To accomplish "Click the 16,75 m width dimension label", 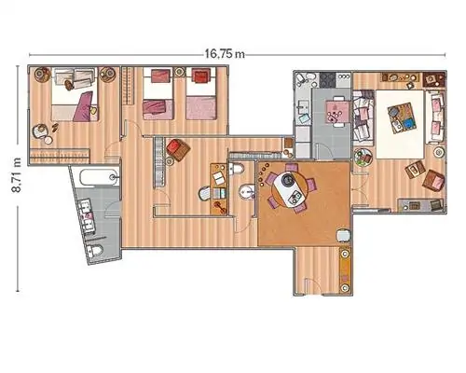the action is (x=225, y=54).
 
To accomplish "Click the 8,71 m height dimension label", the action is (x=17, y=175).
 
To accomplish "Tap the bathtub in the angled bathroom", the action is (x=99, y=177).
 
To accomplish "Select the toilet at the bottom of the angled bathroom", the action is (x=94, y=251).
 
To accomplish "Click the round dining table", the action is (x=290, y=189).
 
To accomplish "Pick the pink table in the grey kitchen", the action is (x=336, y=111).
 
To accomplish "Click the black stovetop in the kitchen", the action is (x=327, y=80).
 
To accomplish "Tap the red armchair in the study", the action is (x=178, y=150).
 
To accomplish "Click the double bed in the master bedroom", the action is (x=75, y=94).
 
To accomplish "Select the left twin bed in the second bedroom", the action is (x=158, y=94).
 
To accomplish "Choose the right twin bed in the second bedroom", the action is (x=200, y=94).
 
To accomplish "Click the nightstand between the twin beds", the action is (x=179, y=72).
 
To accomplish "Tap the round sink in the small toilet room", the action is (x=247, y=191).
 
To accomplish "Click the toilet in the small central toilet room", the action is (x=237, y=169).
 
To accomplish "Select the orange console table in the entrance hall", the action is (x=345, y=269).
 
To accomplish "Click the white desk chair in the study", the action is (x=204, y=194).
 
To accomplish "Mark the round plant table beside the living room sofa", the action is (x=363, y=157).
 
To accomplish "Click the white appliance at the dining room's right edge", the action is (x=343, y=235).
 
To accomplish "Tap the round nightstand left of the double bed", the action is (x=42, y=75).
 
